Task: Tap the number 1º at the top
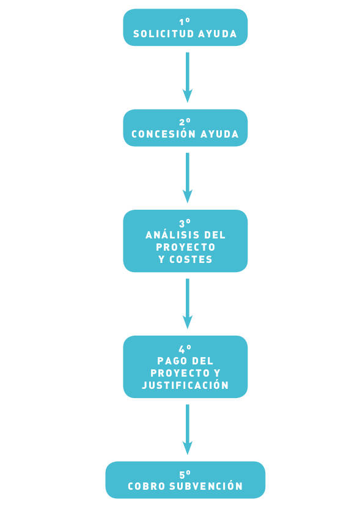coord(185,22)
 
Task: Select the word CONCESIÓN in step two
coord(163,134)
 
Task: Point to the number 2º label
coord(185,122)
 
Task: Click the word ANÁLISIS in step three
coord(172,235)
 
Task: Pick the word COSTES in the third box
coord(191,259)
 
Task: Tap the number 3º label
coord(185,223)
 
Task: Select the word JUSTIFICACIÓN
coord(185,385)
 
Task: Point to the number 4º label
coord(185,349)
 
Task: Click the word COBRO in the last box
coord(147,486)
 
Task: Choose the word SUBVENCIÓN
coord(206,486)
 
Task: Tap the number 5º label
coord(185,474)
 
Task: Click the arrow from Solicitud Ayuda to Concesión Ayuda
coord(188,77)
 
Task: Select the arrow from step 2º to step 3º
coord(188,178)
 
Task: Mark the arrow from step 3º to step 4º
coord(188,304)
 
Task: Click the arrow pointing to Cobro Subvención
coord(188,429)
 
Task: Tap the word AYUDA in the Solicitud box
coord(218,34)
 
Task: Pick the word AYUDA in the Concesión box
coord(219,134)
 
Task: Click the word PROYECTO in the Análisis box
coord(185,248)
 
